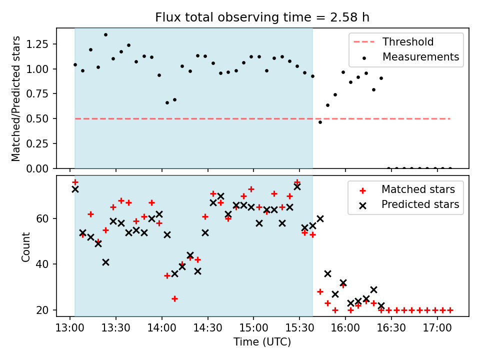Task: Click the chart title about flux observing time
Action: click(262, 17)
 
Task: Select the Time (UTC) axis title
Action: click(262, 342)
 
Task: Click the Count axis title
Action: click(25, 246)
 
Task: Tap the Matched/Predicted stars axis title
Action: click(16, 98)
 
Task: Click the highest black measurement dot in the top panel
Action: click(105, 34)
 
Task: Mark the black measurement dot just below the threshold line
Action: click(320, 122)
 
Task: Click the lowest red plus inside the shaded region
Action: click(174, 298)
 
